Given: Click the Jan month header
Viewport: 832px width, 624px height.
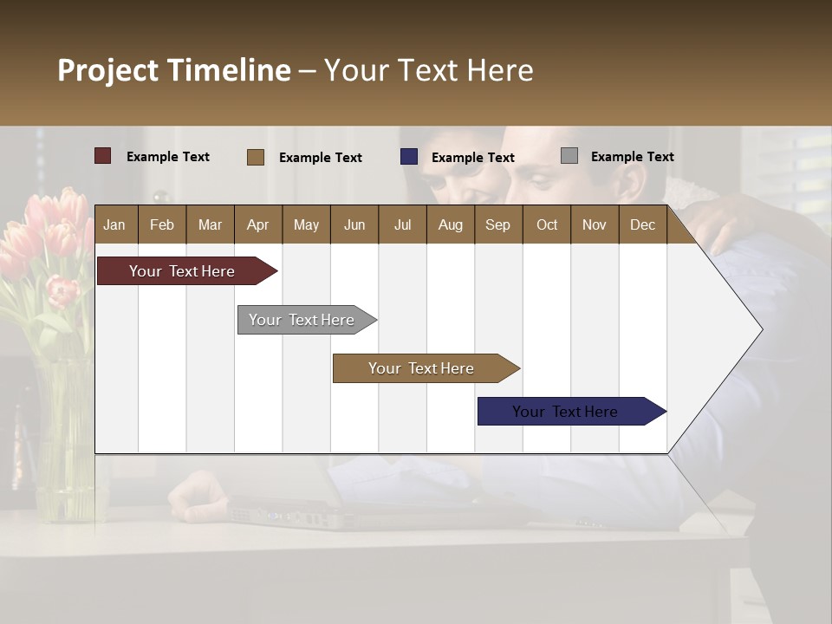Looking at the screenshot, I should [114, 224].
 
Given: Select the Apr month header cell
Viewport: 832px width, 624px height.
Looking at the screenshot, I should [257, 224].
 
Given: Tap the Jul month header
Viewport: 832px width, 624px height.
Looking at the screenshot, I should [402, 224].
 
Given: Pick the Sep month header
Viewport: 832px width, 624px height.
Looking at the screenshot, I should [497, 224].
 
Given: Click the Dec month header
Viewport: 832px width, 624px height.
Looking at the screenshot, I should [642, 224].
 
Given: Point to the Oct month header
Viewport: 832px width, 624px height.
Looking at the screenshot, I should [547, 224].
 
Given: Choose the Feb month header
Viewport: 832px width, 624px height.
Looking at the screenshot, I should [162, 224].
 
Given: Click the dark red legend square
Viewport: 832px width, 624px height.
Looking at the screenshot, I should [103, 156].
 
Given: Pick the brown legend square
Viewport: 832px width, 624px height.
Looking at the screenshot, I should [256, 157].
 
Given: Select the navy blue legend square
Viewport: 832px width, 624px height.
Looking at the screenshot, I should [409, 157].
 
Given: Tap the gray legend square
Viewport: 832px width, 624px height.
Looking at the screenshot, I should [569, 156].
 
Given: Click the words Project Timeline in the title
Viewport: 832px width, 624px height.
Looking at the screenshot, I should [174, 70].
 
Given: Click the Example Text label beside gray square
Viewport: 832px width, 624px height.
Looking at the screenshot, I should [632, 156].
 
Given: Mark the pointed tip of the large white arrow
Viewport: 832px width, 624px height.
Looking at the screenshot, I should [761, 329].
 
